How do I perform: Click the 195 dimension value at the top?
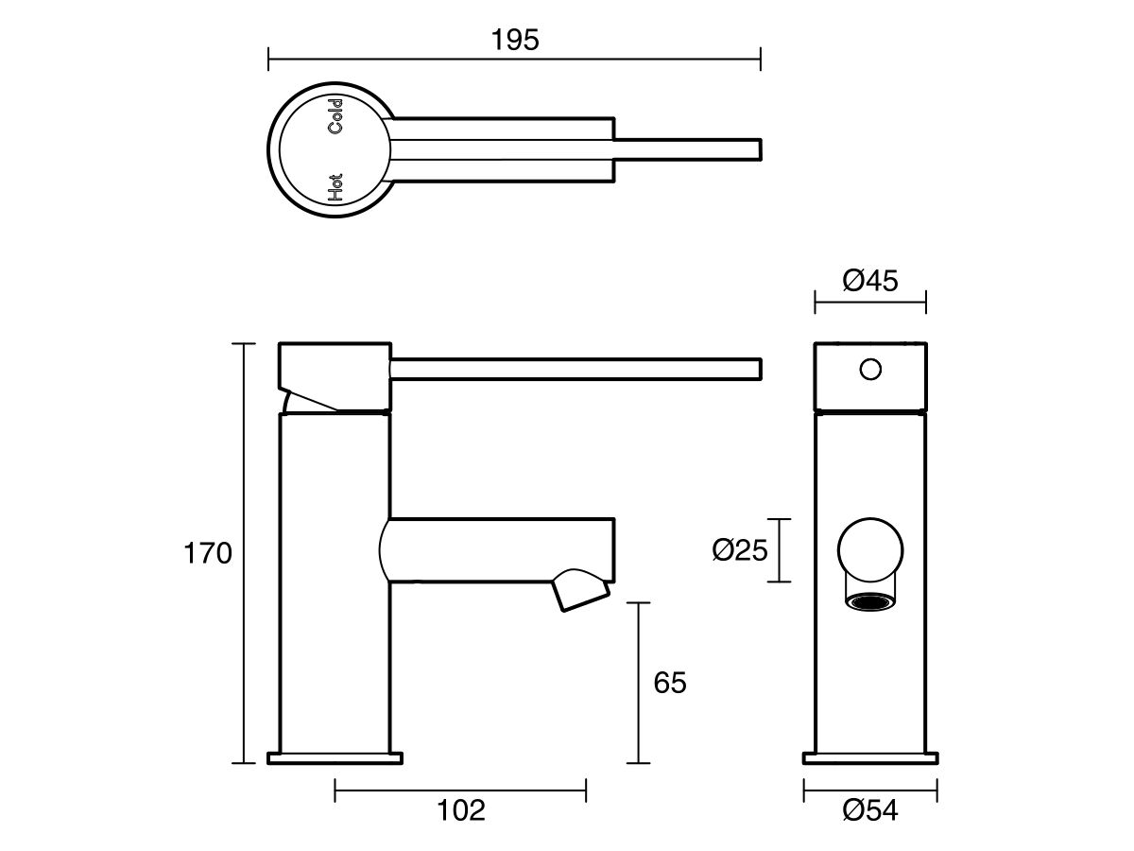coord(515,40)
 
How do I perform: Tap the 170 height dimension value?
coord(207,553)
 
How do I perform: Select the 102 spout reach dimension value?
coord(461,809)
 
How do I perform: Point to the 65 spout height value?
coord(669,683)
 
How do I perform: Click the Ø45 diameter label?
coord(869,282)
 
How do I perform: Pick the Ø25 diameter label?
coord(739,550)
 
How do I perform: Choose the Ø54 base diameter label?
coord(869,809)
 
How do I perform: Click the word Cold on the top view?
coord(335,114)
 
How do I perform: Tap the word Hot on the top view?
coord(335,187)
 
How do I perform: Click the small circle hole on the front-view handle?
coord(870,368)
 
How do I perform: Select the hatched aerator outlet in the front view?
coord(870,600)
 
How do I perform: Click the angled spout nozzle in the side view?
coord(579,588)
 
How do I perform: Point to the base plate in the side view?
coord(335,757)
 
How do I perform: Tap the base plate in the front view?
coord(870,757)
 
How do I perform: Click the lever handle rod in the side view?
coord(576,369)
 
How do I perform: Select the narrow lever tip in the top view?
coord(690,149)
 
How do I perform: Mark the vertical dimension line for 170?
coord(245,553)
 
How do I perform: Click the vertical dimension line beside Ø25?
coord(778,550)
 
